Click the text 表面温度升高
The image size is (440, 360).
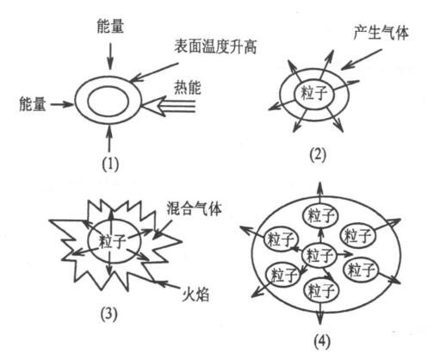(215, 47)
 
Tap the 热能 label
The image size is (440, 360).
(188, 88)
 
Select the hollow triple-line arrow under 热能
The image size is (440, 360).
(169, 106)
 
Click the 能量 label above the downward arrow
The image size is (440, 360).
(110, 26)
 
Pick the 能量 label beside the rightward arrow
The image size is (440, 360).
(32, 103)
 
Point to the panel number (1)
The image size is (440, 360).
(110, 164)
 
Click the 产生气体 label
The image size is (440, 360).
(381, 33)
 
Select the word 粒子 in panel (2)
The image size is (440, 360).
(314, 93)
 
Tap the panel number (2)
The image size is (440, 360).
(318, 155)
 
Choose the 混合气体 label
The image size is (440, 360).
(194, 208)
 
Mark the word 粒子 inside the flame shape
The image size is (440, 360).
(112, 241)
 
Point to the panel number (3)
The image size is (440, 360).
(109, 314)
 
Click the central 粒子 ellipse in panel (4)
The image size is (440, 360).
(319, 255)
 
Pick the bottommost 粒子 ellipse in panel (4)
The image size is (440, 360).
(321, 291)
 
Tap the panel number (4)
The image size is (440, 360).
(321, 342)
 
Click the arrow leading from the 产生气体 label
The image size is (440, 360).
(362, 59)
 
